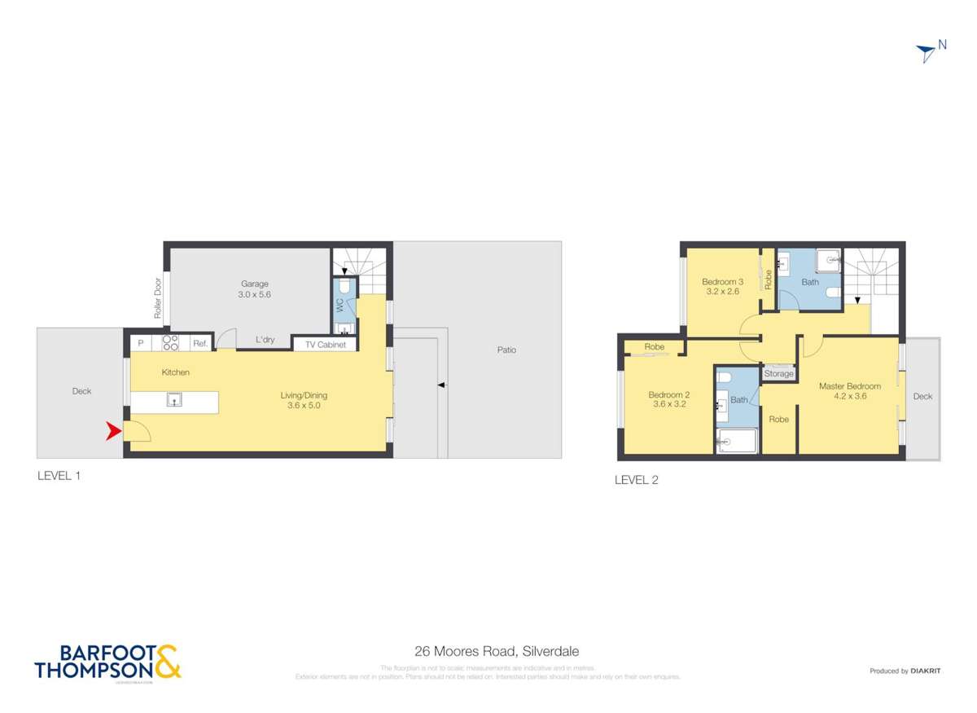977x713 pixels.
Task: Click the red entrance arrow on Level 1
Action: click(114, 433)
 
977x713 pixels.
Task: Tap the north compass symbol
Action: click(926, 53)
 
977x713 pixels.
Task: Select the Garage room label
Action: click(255, 284)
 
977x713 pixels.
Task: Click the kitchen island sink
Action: click(174, 399)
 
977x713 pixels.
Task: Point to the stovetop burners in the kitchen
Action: click(170, 343)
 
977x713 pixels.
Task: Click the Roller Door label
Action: click(158, 300)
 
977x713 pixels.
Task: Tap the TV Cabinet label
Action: click(326, 345)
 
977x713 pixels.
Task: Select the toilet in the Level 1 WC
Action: click(344, 286)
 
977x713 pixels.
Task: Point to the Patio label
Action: click(506, 350)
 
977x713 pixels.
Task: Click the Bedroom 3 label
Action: click(723, 281)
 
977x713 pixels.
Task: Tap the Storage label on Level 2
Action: click(778, 374)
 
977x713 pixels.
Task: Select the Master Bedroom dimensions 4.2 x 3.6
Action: click(849, 398)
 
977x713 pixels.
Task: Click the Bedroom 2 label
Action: click(670, 394)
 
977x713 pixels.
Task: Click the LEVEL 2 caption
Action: click(636, 480)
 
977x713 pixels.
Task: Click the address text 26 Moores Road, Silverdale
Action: click(497, 651)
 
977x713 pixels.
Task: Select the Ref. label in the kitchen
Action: click(200, 344)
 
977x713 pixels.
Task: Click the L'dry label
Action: click(265, 340)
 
